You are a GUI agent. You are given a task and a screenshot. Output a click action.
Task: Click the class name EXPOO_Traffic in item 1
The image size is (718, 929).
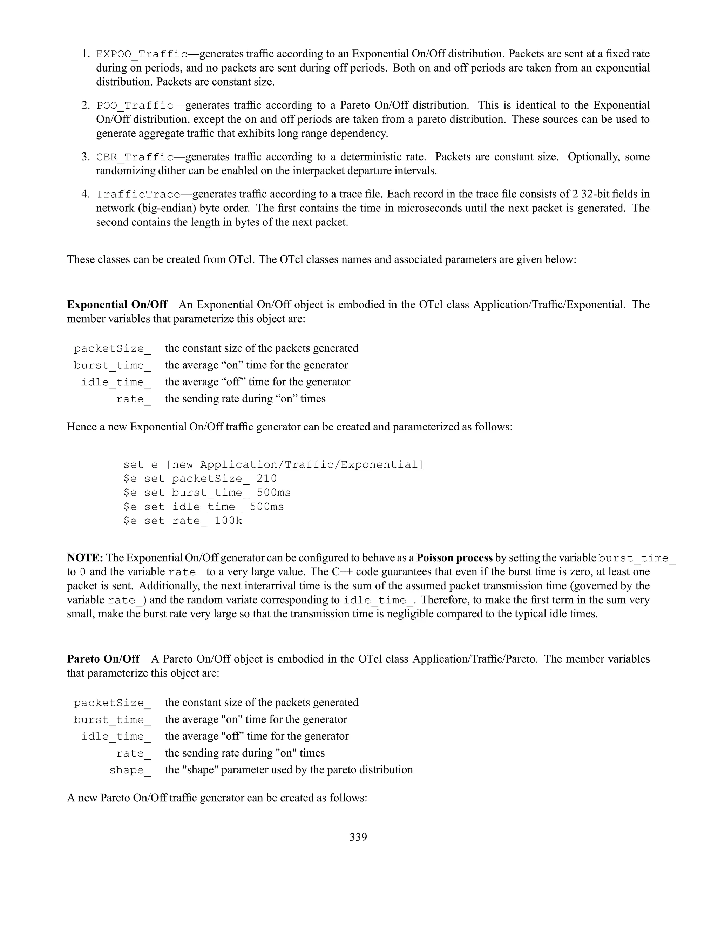coord(142,54)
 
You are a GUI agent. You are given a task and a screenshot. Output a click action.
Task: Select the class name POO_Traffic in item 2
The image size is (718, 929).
coord(135,106)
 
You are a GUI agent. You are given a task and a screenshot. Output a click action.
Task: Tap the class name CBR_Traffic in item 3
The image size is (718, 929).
coord(135,157)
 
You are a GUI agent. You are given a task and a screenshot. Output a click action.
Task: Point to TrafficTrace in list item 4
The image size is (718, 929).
coord(138,195)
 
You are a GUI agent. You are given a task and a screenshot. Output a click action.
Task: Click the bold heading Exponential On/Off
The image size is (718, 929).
coord(117,305)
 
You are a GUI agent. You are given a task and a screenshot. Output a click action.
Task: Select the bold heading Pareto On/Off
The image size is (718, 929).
coord(103,659)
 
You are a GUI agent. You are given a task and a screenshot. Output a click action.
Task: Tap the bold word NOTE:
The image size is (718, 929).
coord(85,558)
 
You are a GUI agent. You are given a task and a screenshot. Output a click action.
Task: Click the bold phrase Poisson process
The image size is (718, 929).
coord(454,558)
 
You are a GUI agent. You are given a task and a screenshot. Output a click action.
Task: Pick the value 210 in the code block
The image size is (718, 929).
coord(267,479)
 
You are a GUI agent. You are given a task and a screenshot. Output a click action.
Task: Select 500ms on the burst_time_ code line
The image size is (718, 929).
coord(273,493)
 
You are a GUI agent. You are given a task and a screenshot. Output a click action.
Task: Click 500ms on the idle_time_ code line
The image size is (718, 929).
coord(267,507)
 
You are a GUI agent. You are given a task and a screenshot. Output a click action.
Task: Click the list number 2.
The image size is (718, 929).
coord(86,106)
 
